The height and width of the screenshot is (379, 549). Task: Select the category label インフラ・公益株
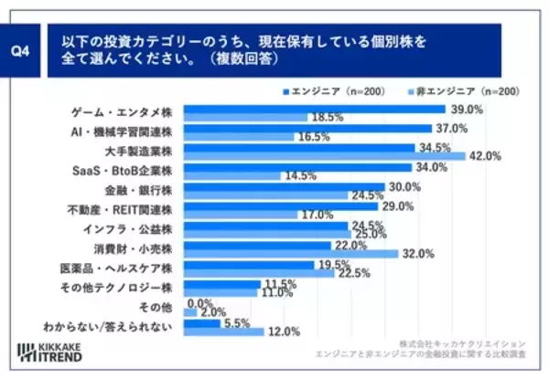click(x=137, y=228)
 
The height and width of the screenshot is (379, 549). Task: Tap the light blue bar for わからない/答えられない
click(x=224, y=332)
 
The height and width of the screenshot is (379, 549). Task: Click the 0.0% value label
click(x=199, y=301)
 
